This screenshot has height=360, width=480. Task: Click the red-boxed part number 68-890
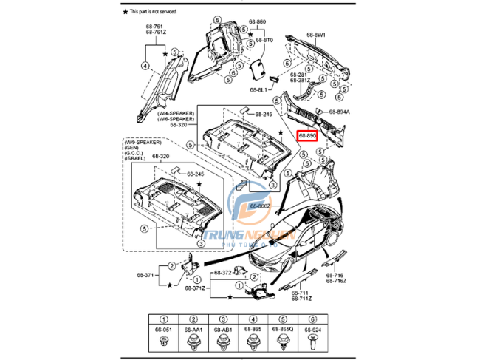(x=307, y=136)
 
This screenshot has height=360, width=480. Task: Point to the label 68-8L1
(x=260, y=89)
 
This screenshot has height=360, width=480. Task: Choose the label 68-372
(x=222, y=274)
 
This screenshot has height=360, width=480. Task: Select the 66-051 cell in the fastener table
(x=163, y=330)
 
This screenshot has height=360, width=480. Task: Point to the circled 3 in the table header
(x=222, y=318)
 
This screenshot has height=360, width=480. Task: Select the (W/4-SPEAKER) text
(x=176, y=112)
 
